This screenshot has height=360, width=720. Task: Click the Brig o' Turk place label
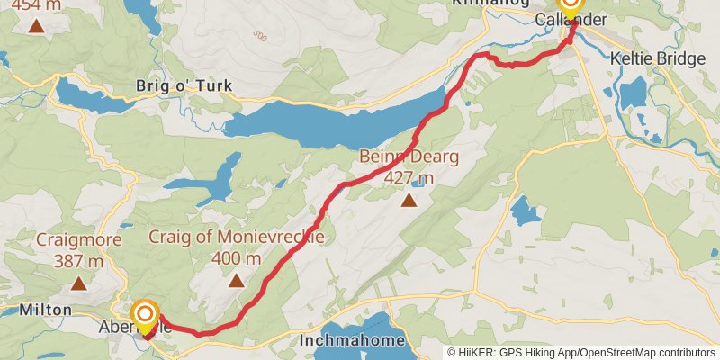[x=184, y=86]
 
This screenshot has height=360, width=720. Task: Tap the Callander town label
[x=571, y=20]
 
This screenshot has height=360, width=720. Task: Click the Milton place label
[x=44, y=310]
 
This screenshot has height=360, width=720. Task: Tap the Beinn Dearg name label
[x=409, y=157]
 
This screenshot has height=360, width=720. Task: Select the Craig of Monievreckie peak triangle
[x=236, y=281]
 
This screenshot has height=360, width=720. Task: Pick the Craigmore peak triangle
[x=77, y=284]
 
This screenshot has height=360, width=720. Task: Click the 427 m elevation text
[x=409, y=178]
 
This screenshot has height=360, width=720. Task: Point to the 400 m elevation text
[x=236, y=258]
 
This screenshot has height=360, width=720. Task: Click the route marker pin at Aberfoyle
[x=144, y=318]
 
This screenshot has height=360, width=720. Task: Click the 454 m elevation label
[x=36, y=4]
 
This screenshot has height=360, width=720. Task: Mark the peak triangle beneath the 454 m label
[x=36, y=24]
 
